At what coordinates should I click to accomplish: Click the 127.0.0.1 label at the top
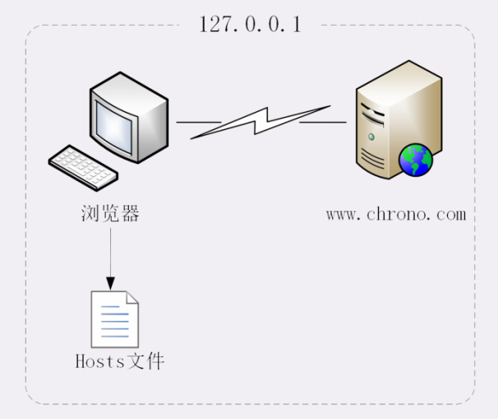pos(250,24)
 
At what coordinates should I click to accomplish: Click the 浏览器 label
pos(110,214)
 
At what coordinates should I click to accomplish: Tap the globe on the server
pos(416,159)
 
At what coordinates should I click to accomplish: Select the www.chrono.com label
pos(395,214)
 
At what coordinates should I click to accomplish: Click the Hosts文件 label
pos(120,361)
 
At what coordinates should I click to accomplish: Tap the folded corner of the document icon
pos(131,299)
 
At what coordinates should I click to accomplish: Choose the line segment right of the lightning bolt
pos(322,122)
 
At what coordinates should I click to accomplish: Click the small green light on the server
pos(371,137)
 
